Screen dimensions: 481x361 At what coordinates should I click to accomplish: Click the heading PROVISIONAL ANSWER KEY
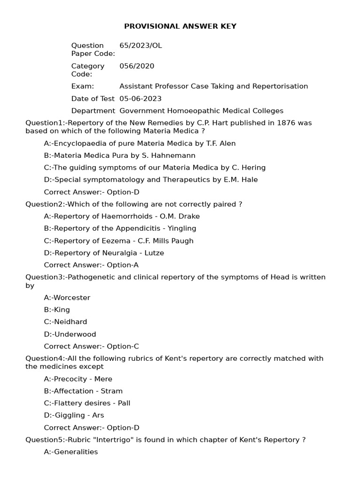(180, 26)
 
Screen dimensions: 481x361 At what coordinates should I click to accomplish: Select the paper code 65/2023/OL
(141, 46)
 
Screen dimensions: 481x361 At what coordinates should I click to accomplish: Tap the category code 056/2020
(137, 66)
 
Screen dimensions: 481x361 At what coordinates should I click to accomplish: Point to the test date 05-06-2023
(141, 99)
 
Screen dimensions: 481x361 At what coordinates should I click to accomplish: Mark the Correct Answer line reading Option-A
(91, 265)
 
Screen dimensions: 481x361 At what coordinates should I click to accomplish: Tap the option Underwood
(75, 334)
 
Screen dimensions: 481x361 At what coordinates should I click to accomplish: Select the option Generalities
(76, 452)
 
